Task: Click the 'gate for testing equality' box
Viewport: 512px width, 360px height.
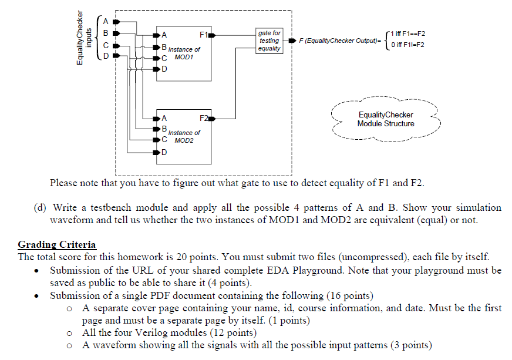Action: [x=269, y=41]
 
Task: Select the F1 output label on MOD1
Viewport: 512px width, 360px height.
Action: [x=203, y=34]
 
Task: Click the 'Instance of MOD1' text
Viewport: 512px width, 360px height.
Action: [x=184, y=53]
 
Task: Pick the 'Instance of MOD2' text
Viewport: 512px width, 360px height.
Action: [x=184, y=137]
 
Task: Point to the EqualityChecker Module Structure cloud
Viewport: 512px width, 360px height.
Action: [x=385, y=119]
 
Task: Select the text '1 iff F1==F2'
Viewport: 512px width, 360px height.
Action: [x=406, y=35]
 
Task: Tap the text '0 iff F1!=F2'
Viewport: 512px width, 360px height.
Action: [x=406, y=45]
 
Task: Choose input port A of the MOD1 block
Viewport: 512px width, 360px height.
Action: [x=164, y=34]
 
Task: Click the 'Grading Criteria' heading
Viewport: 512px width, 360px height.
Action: [x=57, y=244]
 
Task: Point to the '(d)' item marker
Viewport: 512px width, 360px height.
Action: [x=41, y=207]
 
